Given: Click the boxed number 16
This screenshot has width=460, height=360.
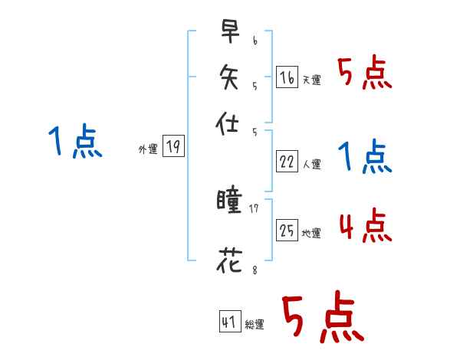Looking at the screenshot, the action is [x=286, y=77].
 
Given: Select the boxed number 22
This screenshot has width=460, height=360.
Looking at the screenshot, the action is [x=287, y=162].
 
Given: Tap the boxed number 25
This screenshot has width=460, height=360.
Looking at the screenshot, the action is [x=287, y=230].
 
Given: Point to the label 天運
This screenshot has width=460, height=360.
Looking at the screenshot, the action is [x=311, y=80].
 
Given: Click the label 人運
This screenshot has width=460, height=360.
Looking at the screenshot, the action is [x=311, y=164].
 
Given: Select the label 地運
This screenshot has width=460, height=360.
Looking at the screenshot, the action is [x=311, y=233].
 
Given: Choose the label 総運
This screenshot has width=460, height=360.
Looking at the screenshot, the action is [x=255, y=325].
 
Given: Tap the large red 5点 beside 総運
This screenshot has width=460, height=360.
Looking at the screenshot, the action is [x=322, y=318].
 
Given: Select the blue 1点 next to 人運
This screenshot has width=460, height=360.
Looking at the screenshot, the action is [x=365, y=158].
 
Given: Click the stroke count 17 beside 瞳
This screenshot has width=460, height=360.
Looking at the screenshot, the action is [x=254, y=208].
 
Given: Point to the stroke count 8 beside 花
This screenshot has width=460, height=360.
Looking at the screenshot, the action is [x=254, y=268].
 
